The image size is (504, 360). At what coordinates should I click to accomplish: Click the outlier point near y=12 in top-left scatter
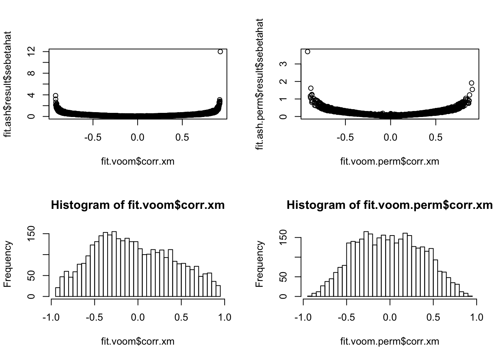pos(220,51)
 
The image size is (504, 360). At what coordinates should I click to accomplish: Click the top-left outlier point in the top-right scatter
pos(307,51)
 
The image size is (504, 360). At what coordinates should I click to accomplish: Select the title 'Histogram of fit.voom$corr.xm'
pos(138,205)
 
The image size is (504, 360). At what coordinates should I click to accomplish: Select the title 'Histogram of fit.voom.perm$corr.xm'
pos(390,205)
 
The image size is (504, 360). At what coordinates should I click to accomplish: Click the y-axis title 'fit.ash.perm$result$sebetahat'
pos(260,84)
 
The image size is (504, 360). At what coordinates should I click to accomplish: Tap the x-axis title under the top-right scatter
pos(390,162)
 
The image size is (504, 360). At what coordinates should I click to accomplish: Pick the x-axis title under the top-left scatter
pos(138,162)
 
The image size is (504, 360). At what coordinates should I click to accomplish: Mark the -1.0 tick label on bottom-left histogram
pos(51,317)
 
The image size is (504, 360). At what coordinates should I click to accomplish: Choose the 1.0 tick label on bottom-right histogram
pos(476,317)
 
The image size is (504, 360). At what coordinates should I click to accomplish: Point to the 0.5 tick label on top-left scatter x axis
pos(182,137)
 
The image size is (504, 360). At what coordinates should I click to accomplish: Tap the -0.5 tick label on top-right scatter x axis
pos(345,137)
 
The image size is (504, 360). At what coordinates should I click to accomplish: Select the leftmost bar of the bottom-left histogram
pos(57,292)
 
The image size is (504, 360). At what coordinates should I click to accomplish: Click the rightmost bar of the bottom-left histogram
pos(218,291)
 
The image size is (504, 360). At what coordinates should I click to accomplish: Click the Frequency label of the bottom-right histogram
pos(260,264)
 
